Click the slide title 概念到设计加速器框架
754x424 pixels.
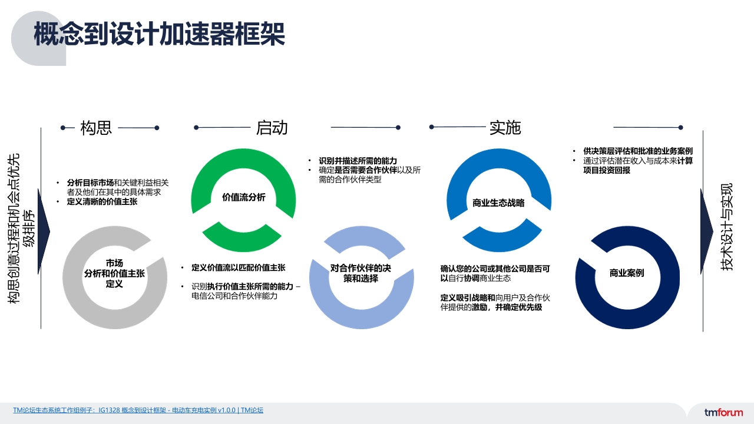click(159, 34)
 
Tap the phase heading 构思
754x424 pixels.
click(96, 128)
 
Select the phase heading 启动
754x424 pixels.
click(272, 128)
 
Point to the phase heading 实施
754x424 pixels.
click(505, 128)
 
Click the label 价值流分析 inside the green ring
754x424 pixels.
click(244, 197)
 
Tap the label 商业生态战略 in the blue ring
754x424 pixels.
click(498, 203)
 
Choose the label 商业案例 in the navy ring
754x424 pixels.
click(627, 273)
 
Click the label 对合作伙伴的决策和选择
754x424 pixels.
click(361, 273)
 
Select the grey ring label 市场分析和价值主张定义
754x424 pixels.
click(114, 273)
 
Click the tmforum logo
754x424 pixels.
click(723, 412)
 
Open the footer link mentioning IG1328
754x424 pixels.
click(138, 410)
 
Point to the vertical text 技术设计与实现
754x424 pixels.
click(726, 227)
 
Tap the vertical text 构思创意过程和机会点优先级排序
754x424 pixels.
click(21, 229)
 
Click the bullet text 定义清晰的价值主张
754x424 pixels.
click(102, 201)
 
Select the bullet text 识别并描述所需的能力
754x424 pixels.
click(358, 161)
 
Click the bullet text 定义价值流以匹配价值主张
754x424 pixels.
click(239, 267)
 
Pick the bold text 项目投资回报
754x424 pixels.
click(607, 170)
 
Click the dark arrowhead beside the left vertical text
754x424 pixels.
click(43, 231)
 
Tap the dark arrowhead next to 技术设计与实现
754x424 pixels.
click(706, 231)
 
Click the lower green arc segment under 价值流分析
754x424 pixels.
click(242, 240)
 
